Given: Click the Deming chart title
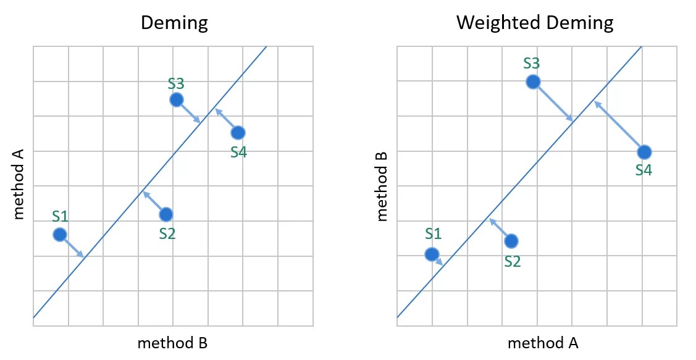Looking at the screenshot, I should coord(174,23).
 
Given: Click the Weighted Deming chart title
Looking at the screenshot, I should coord(535,23).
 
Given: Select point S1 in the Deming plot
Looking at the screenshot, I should coord(60,234).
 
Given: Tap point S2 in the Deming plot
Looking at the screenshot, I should coord(166,214).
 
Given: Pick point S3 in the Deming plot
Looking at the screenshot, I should coord(177,99).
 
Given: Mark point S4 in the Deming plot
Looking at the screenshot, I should coord(238,132).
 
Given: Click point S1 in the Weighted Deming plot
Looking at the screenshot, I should coord(432,254).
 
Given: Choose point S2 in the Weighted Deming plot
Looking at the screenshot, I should coord(511,241).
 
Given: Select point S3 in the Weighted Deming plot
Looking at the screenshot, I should coord(533,82).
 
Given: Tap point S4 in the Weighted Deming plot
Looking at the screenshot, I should coord(644,152).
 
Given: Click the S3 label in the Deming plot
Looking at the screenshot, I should coord(177,83).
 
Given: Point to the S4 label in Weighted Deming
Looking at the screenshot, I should coord(644,170).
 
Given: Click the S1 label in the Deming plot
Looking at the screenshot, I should coord(60,216).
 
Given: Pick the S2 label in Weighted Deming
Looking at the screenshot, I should coord(512,261).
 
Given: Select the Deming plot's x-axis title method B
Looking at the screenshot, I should coord(172,343).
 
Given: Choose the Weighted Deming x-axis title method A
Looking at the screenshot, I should coord(543,343).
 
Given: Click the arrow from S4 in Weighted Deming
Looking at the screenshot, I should coord(619,127).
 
